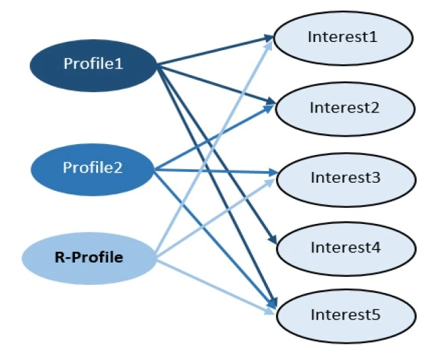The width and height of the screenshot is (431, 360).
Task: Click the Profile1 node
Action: tap(93, 64)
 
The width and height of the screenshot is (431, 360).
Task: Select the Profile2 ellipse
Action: tap(93, 167)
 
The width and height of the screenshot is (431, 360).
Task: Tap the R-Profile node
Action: tap(89, 258)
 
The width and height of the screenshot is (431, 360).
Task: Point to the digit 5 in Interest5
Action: tap(377, 315)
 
